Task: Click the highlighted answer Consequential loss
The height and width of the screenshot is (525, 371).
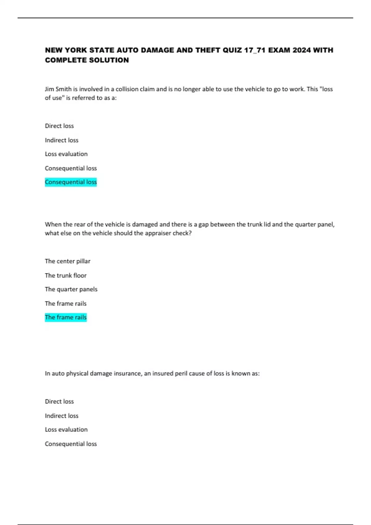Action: (71, 182)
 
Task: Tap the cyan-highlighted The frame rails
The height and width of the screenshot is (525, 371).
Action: (66, 317)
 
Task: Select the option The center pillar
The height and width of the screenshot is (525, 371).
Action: (67, 261)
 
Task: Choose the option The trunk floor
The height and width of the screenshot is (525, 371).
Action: (66, 275)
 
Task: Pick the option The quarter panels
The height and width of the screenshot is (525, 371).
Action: (71, 289)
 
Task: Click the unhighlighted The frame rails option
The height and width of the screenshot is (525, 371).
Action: (66, 304)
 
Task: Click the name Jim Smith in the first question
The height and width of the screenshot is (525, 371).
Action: (58, 89)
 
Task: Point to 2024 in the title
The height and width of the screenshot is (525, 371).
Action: (301, 50)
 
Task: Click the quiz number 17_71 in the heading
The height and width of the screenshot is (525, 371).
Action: (255, 50)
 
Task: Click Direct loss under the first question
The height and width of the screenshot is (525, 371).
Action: (59, 126)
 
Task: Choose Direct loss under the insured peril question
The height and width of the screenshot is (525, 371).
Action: (59, 401)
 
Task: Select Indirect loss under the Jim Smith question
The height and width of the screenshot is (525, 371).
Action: (62, 140)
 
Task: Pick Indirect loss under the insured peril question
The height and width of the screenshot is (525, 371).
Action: (62, 416)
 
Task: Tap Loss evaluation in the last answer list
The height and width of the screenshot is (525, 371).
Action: (66, 430)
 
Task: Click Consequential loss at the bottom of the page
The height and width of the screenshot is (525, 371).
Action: (71, 444)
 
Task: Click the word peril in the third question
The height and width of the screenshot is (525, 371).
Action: (181, 373)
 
